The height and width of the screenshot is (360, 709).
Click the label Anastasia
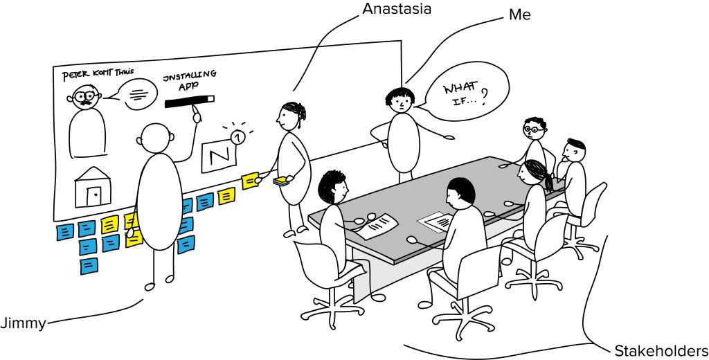[397, 8]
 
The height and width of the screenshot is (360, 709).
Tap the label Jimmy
[22, 323]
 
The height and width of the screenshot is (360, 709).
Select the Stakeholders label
[661, 350]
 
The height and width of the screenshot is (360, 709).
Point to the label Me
[519, 14]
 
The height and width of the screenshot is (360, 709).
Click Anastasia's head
[289, 116]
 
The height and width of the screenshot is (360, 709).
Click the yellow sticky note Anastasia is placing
[249, 180]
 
